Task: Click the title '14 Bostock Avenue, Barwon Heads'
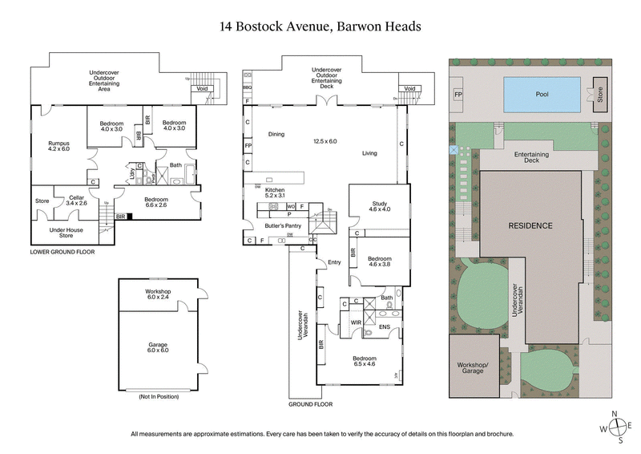320,26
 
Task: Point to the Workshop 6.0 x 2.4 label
158,294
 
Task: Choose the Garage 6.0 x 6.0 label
158,348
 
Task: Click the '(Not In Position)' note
158,396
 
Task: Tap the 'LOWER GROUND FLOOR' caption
62,252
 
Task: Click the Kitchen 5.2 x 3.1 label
275,193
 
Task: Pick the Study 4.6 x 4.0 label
379,207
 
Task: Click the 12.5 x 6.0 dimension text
325,141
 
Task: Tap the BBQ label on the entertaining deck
248,87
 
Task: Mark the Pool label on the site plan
542,93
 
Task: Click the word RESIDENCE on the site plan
530,225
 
